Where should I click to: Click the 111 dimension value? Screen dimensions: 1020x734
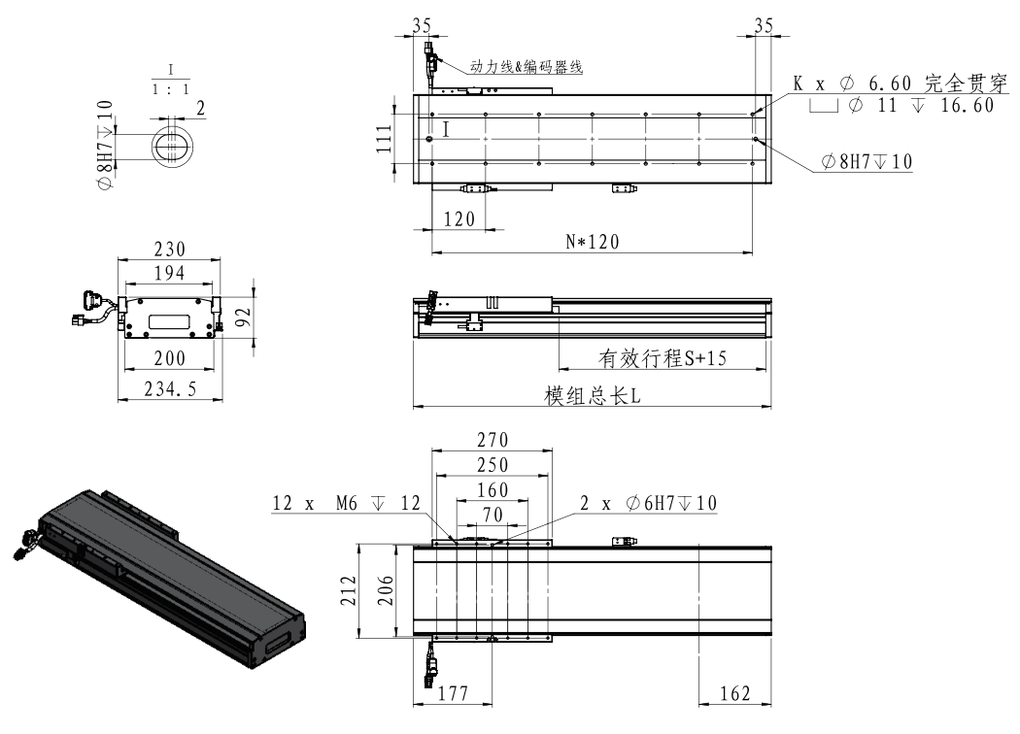pos(385,139)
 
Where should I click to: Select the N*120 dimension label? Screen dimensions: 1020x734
pos(593,242)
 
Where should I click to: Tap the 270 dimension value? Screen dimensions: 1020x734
pos(493,440)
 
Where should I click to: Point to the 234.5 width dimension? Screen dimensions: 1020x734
pos(170,388)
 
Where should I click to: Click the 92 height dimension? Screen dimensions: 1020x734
pos(243,317)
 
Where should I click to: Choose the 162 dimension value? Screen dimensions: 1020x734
pos(735,693)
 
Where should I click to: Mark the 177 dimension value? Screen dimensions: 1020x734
pos(453,693)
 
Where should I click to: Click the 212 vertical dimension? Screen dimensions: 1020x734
pos(350,590)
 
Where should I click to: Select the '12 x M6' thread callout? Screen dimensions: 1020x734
pos(346,503)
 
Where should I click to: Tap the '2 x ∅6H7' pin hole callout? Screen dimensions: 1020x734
pos(648,503)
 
